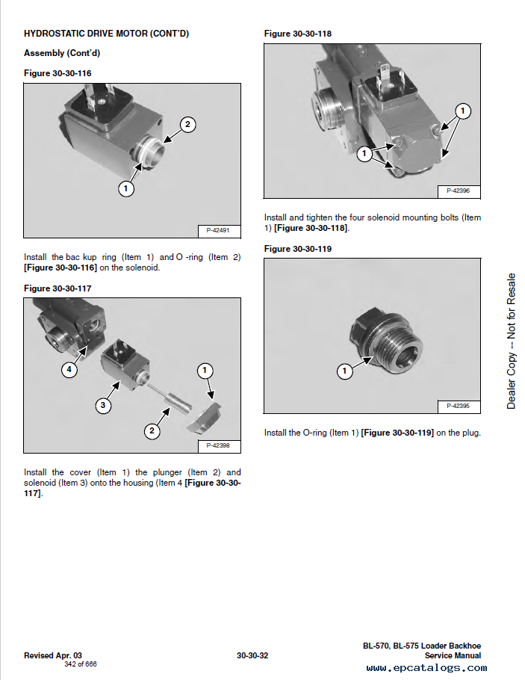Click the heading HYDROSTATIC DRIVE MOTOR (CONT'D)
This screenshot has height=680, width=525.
[106, 34]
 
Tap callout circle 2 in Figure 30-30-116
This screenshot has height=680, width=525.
[187, 125]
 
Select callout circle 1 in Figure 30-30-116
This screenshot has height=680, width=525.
[125, 188]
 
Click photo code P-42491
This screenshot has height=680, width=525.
[218, 230]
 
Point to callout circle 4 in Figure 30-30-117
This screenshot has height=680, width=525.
[69, 370]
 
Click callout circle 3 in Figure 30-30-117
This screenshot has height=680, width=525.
[103, 406]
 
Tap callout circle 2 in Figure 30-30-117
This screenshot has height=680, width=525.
[152, 430]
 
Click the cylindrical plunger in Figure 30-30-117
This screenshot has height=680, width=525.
[178, 402]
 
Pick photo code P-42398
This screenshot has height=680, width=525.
[218, 445]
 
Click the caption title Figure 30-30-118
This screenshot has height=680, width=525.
[298, 34]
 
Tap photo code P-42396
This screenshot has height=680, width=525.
[459, 191]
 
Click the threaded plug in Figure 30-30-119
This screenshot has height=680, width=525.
[387, 341]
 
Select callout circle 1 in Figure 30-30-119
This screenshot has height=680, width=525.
[345, 371]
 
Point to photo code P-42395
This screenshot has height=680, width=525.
[459, 406]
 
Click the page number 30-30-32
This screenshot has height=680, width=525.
[252, 656]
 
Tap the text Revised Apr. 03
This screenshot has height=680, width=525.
[53, 656]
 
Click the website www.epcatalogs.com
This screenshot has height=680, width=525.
[426, 668]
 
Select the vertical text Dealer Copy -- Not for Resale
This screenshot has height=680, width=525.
[512, 341]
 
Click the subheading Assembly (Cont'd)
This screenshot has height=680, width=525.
[62, 53]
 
